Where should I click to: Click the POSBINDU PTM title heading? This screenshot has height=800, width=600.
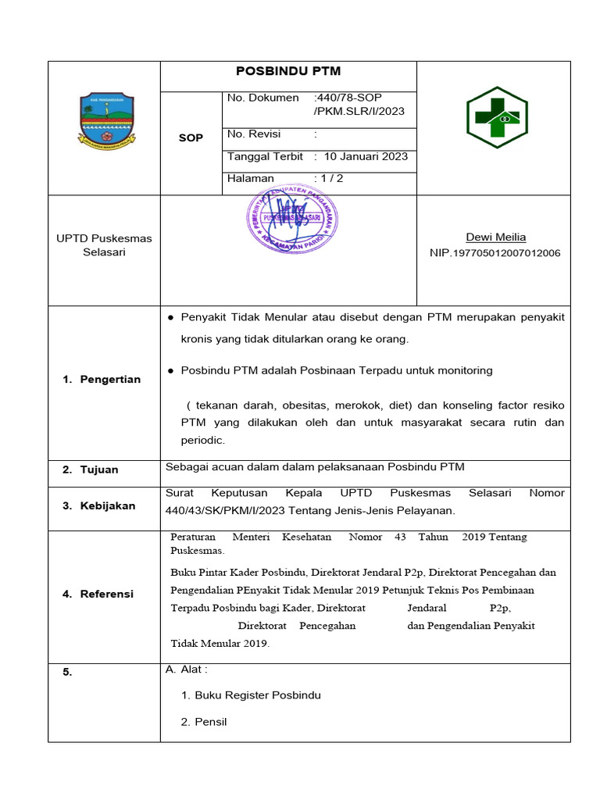[x=288, y=71]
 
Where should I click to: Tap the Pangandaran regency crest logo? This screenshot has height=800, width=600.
[x=106, y=120]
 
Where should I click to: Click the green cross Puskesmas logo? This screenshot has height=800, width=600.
[x=497, y=118]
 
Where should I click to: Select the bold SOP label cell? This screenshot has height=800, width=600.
[x=191, y=137]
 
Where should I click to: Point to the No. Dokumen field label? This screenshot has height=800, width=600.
[x=262, y=98]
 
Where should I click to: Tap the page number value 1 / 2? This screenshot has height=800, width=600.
[x=328, y=178]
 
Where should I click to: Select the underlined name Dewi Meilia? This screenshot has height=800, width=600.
[x=495, y=237]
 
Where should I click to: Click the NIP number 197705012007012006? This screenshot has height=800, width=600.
[x=495, y=253]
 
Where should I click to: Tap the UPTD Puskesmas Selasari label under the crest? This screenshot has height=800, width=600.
[x=104, y=245]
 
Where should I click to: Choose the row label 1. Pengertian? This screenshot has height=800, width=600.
[x=102, y=380]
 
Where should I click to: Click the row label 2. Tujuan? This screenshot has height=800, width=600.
[x=91, y=470]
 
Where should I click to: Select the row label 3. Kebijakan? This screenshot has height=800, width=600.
[x=98, y=505]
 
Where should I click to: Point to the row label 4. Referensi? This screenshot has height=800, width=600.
[x=98, y=594]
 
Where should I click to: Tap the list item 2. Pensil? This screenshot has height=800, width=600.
[x=204, y=722]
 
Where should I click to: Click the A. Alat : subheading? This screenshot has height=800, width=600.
[x=187, y=670]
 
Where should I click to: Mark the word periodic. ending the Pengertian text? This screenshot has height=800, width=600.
[x=202, y=441]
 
